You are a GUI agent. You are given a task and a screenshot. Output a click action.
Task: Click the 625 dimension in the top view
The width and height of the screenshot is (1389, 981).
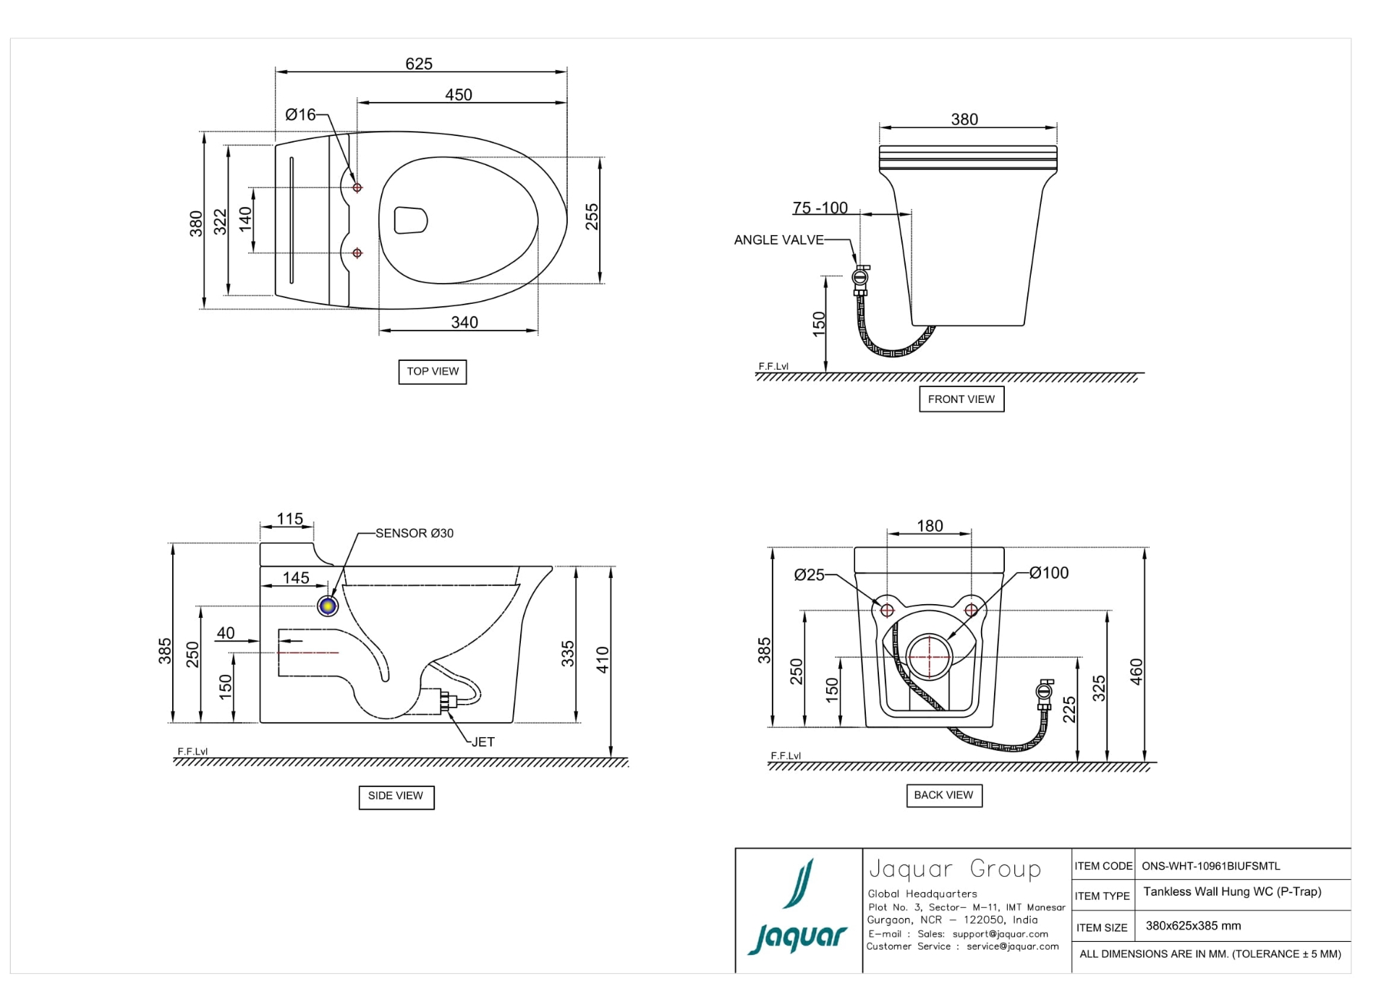(x=418, y=64)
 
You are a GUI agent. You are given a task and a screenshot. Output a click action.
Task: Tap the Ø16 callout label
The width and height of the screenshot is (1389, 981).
(x=300, y=114)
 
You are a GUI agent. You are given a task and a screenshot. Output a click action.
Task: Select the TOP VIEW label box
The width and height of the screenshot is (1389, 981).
(x=432, y=371)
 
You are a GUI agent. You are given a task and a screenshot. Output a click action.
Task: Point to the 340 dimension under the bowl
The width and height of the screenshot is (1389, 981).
(x=464, y=322)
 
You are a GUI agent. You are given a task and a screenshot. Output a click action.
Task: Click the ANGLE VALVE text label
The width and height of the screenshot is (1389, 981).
(x=778, y=240)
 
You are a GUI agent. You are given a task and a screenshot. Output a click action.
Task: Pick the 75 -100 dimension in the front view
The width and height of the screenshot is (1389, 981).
(x=820, y=208)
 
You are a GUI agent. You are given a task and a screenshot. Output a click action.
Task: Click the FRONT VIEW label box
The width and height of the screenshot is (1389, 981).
(x=961, y=399)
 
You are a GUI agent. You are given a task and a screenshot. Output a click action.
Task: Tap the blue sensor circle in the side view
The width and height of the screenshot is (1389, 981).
(x=328, y=606)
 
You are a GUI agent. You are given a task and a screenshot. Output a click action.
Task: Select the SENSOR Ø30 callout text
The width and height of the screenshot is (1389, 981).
(x=414, y=533)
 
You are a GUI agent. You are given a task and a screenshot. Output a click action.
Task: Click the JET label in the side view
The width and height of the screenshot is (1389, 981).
(x=483, y=742)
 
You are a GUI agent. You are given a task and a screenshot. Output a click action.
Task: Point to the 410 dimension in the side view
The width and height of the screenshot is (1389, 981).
(x=603, y=659)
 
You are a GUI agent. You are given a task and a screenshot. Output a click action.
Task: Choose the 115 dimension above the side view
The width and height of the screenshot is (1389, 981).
(x=289, y=519)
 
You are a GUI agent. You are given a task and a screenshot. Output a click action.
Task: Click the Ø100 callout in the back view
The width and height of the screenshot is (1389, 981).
(x=1048, y=573)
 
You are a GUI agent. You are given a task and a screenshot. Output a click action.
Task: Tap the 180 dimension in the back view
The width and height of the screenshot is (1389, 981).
(x=930, y=526)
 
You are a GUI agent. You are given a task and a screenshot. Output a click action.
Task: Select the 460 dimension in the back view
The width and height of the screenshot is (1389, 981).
(x=1136, y=671)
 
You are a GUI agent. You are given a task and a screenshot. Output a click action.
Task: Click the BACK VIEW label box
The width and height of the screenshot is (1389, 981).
(x=943, y=795)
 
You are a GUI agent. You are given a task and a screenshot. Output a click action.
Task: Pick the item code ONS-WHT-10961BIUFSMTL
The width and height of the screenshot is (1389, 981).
(x=1210, y=866)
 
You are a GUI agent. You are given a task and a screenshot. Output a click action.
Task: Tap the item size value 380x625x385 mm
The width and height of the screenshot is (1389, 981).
(x=1192, y=926)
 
